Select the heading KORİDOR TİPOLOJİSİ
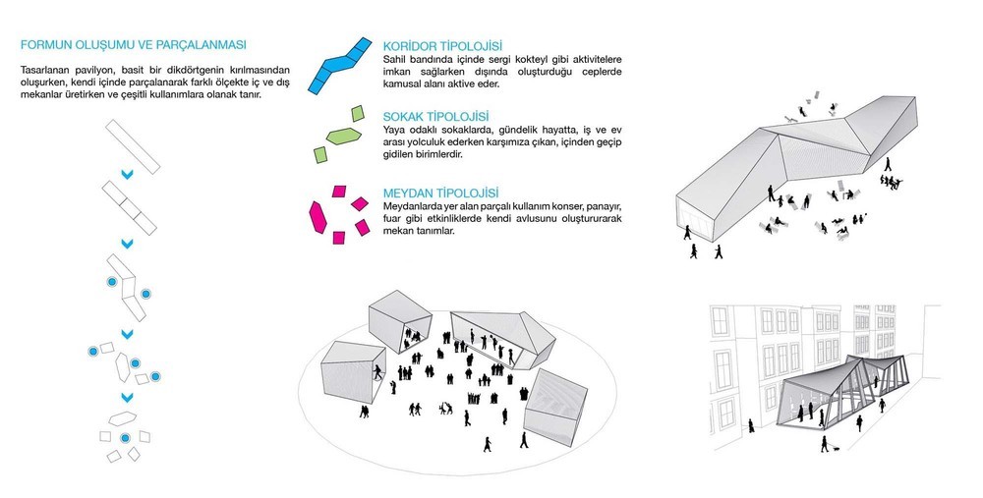[442, 46]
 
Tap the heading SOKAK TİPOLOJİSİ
[435, 117]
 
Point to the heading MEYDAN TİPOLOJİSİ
[440, 194]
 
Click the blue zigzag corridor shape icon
[340, 65]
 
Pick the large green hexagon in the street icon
[343, 136]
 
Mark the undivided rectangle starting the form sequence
[133, 147]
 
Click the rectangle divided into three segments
[130, 208]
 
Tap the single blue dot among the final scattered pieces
[125, 438]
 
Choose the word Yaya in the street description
[394, 131]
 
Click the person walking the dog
[825, 443]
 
